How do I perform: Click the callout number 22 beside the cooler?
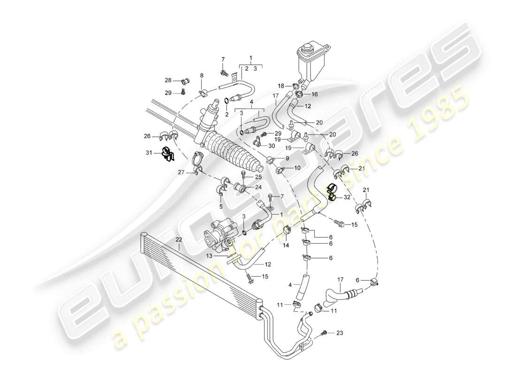point(178,240)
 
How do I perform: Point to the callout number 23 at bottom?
point(340,333)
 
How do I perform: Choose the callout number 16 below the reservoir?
point(314,94)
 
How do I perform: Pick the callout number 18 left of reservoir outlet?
point(281,86)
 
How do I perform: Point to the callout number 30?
point(272,145)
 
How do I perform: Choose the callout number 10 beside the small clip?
point(297,168)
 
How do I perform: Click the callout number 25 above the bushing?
point(258,177)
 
